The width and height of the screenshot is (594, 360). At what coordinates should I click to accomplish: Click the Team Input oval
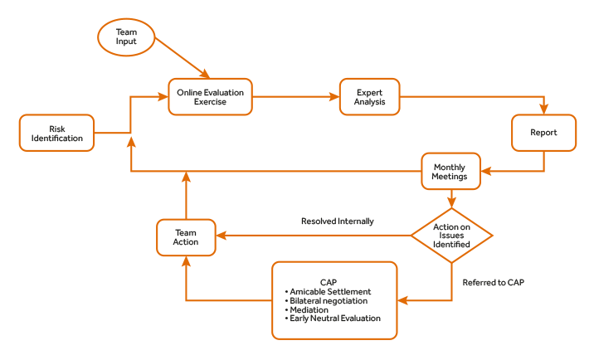point(126,36)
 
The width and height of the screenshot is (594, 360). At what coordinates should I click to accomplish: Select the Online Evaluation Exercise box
point(210,97)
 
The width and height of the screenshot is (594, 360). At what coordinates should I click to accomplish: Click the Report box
point(544,133)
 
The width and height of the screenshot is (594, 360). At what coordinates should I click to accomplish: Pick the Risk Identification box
point(56,134)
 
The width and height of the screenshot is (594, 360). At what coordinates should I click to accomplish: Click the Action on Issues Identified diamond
point(452,235)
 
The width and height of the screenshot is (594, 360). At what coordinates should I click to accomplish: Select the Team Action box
point(186,236)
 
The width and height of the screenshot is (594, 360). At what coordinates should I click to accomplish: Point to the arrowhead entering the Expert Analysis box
point(336,97)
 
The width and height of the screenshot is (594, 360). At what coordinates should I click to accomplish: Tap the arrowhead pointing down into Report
point(544,110)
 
